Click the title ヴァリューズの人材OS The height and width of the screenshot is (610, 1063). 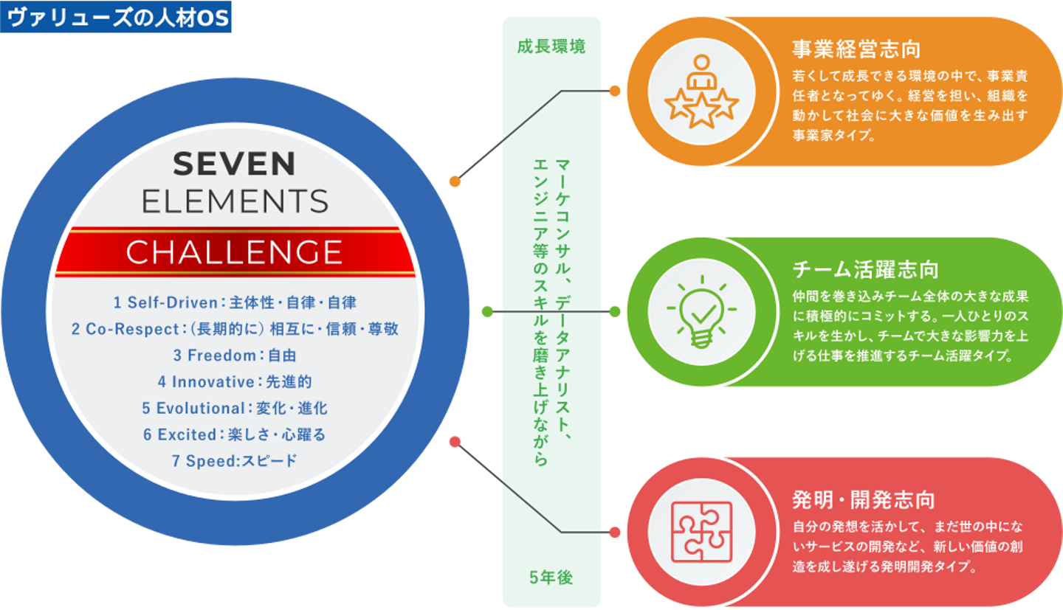117,18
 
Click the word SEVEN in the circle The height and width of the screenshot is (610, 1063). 234,164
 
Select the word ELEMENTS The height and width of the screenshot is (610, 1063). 235,201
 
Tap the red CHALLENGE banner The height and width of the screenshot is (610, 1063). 234,252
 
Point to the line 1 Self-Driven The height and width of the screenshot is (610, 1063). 235,302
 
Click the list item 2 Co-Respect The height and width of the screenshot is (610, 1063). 235,329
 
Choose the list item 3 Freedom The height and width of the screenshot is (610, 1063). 235,356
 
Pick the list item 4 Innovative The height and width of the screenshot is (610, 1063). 235,382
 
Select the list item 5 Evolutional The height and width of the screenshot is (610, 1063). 235,409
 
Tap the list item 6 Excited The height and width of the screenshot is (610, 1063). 235,435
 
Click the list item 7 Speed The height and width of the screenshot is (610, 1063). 235,462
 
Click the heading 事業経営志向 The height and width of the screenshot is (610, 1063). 856,50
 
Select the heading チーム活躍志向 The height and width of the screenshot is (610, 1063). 864,270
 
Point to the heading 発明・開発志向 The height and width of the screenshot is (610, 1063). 863,500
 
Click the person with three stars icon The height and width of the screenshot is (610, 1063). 701,91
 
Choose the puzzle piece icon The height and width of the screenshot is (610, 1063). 701,531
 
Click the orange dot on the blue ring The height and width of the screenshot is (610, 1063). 455,181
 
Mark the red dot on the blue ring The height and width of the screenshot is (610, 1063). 455,442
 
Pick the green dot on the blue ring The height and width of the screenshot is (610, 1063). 486,312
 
